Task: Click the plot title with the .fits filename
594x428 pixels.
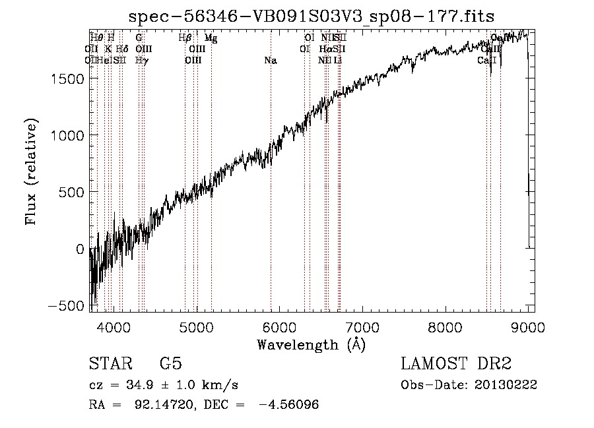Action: pyautogui.click(x=312, y=16)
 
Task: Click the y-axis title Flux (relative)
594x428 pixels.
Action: pyautogui.click(x=31, y=171)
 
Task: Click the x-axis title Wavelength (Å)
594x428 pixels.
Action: pyautogui.click(x=311, y=345)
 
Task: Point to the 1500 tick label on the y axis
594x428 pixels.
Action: pyautogui.click(x=68, y=78)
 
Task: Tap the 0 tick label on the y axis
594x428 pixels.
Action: pyautogui.click(x=81, y=249)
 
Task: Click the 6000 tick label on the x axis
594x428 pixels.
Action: pyautogui.click(x=279, y=326)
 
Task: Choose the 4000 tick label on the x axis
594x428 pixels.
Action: pyautogui.click(x=114, y=326)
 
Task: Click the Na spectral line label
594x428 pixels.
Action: pyautogui.click(x=270, y=61)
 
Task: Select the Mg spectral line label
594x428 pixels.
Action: pyautogui.click(x=211, y=38)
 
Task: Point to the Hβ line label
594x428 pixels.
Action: pyautogui.click(x=185, y=38)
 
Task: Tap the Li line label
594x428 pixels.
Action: pyautogui.click(x=338, y=61)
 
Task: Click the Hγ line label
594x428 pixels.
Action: pyautogui.click(x=141, y=61)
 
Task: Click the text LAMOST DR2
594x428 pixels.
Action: pyautogui.click(x=456, y=364)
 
